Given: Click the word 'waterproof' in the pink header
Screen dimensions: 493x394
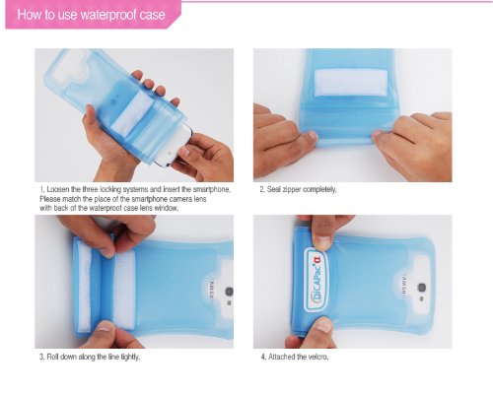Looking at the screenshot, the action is pyautogui.click(x=108, y=15).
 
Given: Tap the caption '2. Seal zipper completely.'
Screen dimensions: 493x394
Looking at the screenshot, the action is pyautogui.click(x=298, y=189).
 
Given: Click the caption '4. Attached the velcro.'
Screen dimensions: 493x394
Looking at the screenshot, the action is pyautogui.click(x=295, y=357).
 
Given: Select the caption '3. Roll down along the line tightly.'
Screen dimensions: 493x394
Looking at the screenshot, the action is pyautogui.click(x=90, y=357).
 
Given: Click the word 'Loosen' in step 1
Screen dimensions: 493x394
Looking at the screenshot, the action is pyautogui.click(x=58, y=189).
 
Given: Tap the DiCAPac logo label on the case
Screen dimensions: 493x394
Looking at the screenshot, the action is pyautogui.click(x=317, y=280).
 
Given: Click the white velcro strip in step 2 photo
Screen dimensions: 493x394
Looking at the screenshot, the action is pyautogui.click(x=351, y=83).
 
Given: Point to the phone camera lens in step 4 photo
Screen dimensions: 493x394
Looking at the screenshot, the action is pyautogui.click(x=422, y=288).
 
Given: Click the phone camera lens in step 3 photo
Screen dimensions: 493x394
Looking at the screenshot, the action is pyautogui.click(x=229, y=292).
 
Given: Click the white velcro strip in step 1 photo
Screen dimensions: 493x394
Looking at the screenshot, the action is pyautogui.click(x=132, y=112).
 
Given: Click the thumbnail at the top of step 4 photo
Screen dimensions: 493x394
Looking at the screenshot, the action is pyautogui.click(x=322, y=242).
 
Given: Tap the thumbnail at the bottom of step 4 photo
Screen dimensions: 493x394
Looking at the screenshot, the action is pyautogui.click(x=323, y=325).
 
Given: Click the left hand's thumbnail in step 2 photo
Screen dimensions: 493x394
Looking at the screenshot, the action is pyautogui.click(x=312, y=135).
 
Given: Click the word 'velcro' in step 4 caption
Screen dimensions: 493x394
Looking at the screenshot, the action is pyautogui.click(x=318, y=357).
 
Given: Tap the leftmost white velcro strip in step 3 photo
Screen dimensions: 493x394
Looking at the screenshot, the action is pyautogui.click(x=85, y=290).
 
